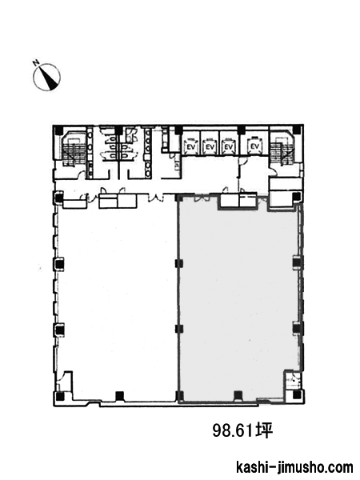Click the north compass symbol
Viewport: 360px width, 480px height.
[46, 77]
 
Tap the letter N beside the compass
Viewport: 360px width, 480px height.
[36, 62]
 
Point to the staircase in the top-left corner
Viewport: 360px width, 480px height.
[71, 150]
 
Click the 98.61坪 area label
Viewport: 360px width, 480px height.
[242, 431]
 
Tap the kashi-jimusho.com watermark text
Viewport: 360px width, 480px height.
[294, 468]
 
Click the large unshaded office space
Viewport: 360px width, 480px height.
[116, 298]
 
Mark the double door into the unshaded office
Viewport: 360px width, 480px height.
[155, 198]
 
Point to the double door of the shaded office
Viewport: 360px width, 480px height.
[202, 198]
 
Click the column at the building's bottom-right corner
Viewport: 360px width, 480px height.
[296, 395]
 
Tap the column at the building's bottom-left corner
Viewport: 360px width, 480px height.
[60, 397]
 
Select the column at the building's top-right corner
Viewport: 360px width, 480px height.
[296, 130]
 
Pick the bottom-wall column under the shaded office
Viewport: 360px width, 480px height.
[238, 395]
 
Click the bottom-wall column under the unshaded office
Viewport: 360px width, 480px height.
[119, 396]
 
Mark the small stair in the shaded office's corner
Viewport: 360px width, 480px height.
[291, 380]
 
